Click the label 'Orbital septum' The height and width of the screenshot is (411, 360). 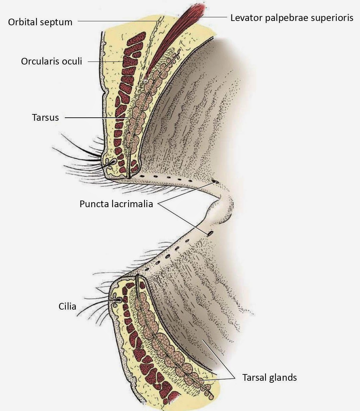(x=40, y=22)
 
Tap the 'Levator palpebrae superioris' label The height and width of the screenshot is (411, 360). (x=292, y=18)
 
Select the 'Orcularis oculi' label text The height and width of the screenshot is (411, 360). (x=51, y=61)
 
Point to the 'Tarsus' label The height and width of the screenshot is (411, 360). (x=46, y=117)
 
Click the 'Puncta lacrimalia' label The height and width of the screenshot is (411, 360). (x=116, y=204)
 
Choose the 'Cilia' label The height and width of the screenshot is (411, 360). (x=67, y=306)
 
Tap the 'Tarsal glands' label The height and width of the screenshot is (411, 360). (x=269, y=377)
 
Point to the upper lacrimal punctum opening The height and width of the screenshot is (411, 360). (x=215, y=182)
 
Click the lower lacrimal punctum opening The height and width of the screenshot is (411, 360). (x=210, y=233)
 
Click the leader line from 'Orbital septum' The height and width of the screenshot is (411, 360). (x=116, y=21)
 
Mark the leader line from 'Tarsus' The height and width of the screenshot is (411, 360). (x=96, y=117)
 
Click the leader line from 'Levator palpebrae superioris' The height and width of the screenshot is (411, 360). (x=209, y=17)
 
